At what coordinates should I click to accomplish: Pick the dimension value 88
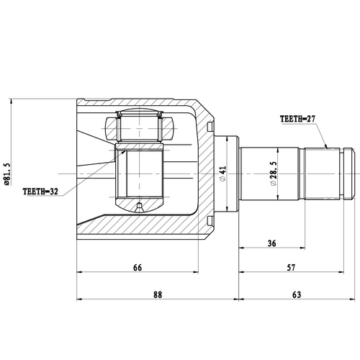pos(158,294)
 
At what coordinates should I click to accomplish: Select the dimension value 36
pos(272,243)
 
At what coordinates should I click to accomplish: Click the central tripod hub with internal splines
pos(141,176)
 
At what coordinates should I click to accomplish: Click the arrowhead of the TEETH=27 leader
pos(328,147)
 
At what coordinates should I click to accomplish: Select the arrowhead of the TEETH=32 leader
pos(127,150)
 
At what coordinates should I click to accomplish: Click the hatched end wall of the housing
pos(205,174)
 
